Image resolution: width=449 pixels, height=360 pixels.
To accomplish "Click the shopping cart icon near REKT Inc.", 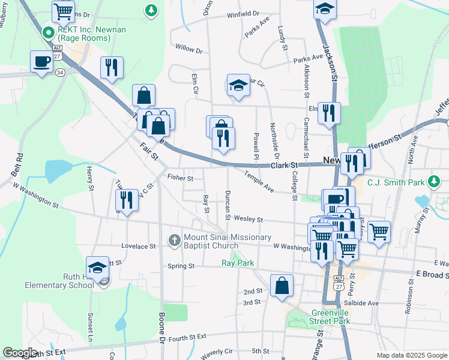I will pyautogui.click(x=62, y=11).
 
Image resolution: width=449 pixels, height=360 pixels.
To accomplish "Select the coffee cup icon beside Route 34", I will pyautogui.click(x=41, y=62).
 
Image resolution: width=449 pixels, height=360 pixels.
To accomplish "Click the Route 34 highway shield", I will pyautogui.click(x=60, y=72).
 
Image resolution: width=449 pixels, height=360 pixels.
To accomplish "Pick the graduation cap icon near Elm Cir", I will pyautogui.click(x=238, y=86).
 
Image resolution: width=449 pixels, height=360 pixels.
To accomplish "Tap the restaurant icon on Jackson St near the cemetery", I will pyautogui.click(x=328, y=113).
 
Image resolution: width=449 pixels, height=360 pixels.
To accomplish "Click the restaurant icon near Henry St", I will pyautogui.click(x=127, y=200).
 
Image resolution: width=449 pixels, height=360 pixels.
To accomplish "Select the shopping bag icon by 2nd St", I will pyautogui.click(x=282, y=286).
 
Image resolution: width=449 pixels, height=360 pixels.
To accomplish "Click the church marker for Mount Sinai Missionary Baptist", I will pyautogui.click(x=174, y=240).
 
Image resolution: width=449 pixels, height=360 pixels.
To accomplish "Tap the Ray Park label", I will pyautogui.click(x=238, y=263).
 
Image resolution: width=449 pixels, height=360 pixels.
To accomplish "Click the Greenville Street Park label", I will pyautogui.click(x=330, y=317).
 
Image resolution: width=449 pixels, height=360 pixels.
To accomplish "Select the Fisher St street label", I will pyautogui.click(x=180, y=178).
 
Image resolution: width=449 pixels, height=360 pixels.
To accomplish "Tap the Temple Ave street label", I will pyautogui.click(x=259, y=181).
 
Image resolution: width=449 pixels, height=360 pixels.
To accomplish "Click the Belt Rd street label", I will pyautogui.click(x=17, y=164).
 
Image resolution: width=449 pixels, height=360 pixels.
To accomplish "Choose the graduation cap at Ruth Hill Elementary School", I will pyautogui.click(x=98, y=268).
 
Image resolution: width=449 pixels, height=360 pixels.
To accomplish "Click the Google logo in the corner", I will pyautogui.click(x=20, y=353).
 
